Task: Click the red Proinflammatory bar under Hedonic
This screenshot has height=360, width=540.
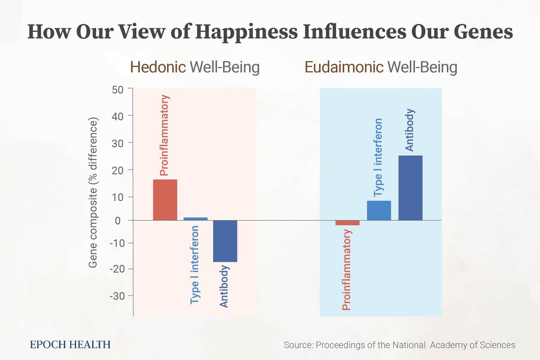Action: [165, 200]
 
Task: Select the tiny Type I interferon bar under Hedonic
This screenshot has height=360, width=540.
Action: [196, 219]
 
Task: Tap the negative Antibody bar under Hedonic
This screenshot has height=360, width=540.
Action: [225, 241]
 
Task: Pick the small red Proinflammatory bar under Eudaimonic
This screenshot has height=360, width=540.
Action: [347, 223]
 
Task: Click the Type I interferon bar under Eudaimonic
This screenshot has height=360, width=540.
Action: [379, 210]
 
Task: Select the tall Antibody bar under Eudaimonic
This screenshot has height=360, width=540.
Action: [410, 188]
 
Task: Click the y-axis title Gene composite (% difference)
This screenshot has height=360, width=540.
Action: [93, 194]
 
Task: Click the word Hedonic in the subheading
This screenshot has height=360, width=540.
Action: [157, 67]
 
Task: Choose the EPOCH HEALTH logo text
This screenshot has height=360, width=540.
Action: [70, 345]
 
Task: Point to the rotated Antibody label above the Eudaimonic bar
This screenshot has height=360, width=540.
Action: [409, 130]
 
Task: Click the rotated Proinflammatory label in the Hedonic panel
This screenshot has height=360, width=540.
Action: [165, 135]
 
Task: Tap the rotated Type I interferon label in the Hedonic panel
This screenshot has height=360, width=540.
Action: [195, 265]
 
